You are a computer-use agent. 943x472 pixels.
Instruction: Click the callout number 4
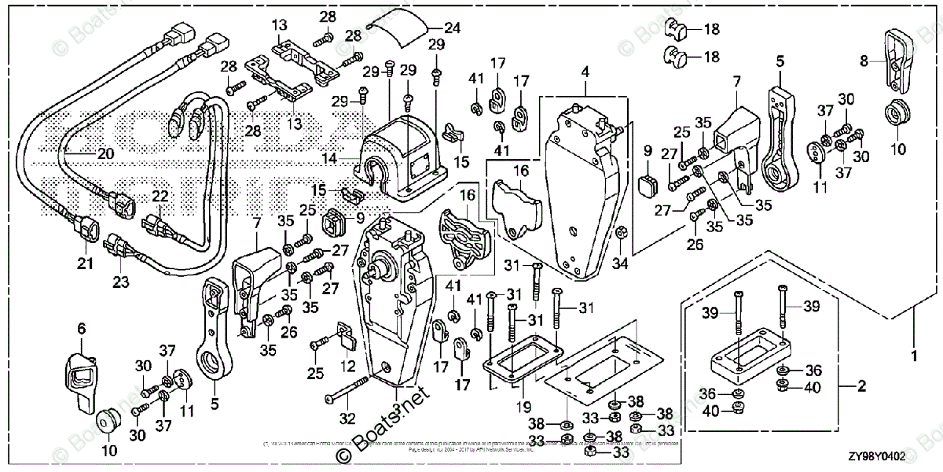pyautogui.click(x=585, y=72)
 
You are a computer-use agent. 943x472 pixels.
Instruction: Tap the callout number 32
pyautogui.click(x=346, y=417)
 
